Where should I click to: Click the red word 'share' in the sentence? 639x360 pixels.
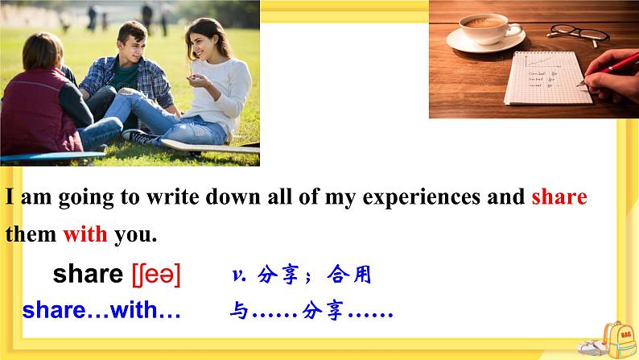559,197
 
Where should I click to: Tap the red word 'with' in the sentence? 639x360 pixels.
85,235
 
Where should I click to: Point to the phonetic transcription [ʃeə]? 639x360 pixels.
156,275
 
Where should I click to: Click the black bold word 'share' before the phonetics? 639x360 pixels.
87,275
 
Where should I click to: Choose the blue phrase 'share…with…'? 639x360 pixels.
101,310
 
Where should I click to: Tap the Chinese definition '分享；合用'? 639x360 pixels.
315,275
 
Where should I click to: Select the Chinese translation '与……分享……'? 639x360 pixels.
311,311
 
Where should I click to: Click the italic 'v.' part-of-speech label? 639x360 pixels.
238,275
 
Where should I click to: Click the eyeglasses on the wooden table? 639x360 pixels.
578,33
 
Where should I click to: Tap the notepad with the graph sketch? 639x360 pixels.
543,77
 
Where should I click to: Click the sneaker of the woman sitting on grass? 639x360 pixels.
143,138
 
